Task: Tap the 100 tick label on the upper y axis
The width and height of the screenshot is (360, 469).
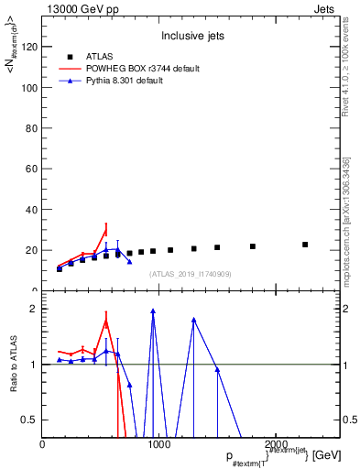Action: coord(29,88)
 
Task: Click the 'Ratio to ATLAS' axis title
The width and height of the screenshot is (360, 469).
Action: coord(15,365)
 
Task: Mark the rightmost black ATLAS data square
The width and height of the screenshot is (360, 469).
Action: coord(305,245)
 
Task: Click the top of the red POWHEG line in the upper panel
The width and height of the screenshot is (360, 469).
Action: coord(106,225)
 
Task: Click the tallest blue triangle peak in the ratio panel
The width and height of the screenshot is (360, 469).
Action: coord(153,311)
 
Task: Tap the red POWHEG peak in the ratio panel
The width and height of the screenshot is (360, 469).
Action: coord(106,321)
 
